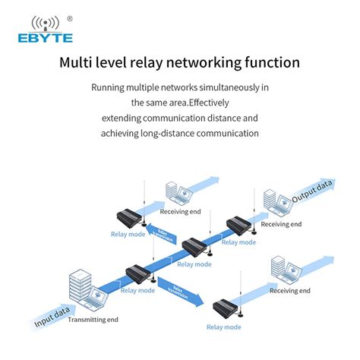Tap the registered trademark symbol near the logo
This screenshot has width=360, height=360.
pyautogui.click(x=70, y=18)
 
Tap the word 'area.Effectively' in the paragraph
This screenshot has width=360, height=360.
pyautogui.click(x=194, y=103)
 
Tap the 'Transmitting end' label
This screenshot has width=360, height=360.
pyautogui.click(x=93, y=320)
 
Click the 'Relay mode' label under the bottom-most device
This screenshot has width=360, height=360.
pyautogui.click(x=224, y=327)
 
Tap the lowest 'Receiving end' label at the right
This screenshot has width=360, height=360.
pyautogui.click(x=289, y=291)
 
